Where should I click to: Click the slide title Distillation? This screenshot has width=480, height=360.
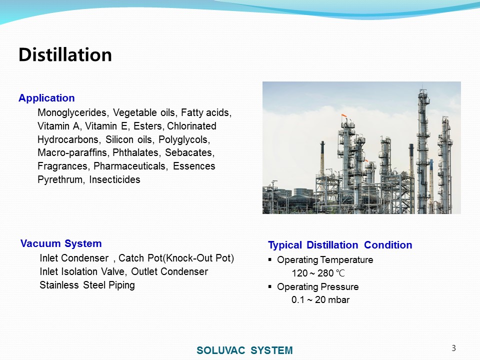65,55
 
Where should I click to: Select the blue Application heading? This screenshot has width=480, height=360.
46,98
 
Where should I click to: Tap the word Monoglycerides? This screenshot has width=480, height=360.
72,112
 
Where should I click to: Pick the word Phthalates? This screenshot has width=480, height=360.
135,152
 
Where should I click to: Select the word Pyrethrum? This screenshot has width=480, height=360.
60,179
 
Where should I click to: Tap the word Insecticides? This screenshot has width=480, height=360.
114,179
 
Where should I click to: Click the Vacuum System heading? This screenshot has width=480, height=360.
61,243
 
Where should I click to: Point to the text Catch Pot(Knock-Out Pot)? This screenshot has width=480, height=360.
176,258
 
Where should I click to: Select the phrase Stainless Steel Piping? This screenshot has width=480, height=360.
87,285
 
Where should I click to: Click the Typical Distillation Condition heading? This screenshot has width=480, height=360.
340,245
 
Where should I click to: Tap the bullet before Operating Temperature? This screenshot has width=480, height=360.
269,260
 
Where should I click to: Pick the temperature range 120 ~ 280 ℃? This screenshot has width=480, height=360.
318,273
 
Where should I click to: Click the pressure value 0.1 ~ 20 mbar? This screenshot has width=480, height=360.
320,299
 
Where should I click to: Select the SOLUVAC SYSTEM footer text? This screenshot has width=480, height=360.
244,350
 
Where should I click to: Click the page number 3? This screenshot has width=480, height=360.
453,348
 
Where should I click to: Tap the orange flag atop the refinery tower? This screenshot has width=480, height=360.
344,116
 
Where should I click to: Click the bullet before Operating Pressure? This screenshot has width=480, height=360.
269,287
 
